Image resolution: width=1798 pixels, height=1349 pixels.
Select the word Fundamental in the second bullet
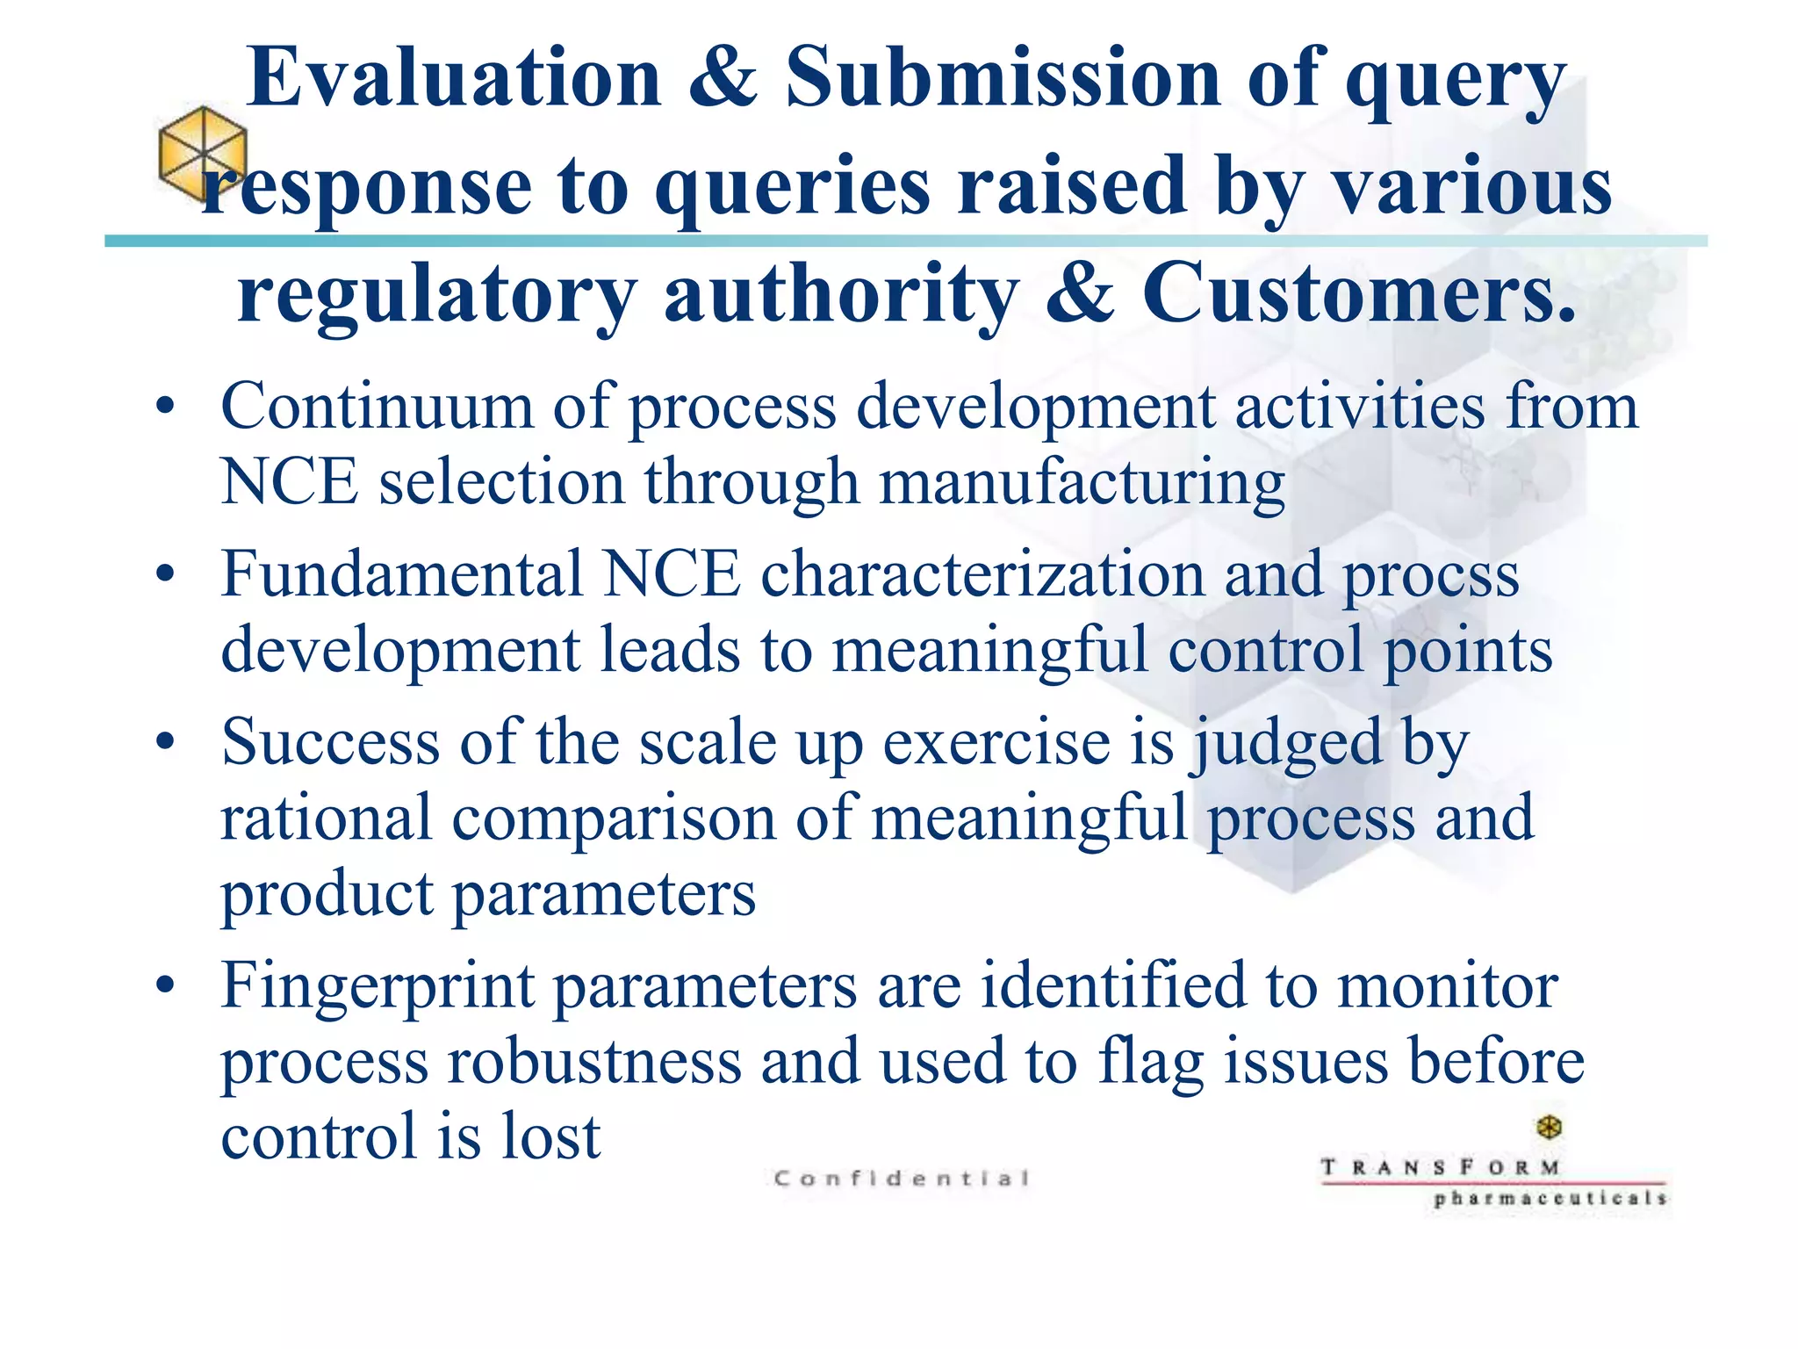point(401,574)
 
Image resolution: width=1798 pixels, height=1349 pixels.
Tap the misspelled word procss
point(1431,576)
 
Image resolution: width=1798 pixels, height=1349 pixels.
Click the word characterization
point(982,574)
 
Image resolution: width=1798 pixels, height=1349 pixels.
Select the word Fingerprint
point(378,985)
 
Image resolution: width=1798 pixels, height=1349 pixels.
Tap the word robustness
point(594,1061)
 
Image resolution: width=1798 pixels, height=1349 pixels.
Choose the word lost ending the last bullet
point(550,1136)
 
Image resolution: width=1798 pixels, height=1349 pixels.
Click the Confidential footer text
point(902,1179)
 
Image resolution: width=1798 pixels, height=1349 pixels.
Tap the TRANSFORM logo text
point(1441,1168)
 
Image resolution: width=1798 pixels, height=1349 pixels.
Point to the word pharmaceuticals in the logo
point(1550,1199)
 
